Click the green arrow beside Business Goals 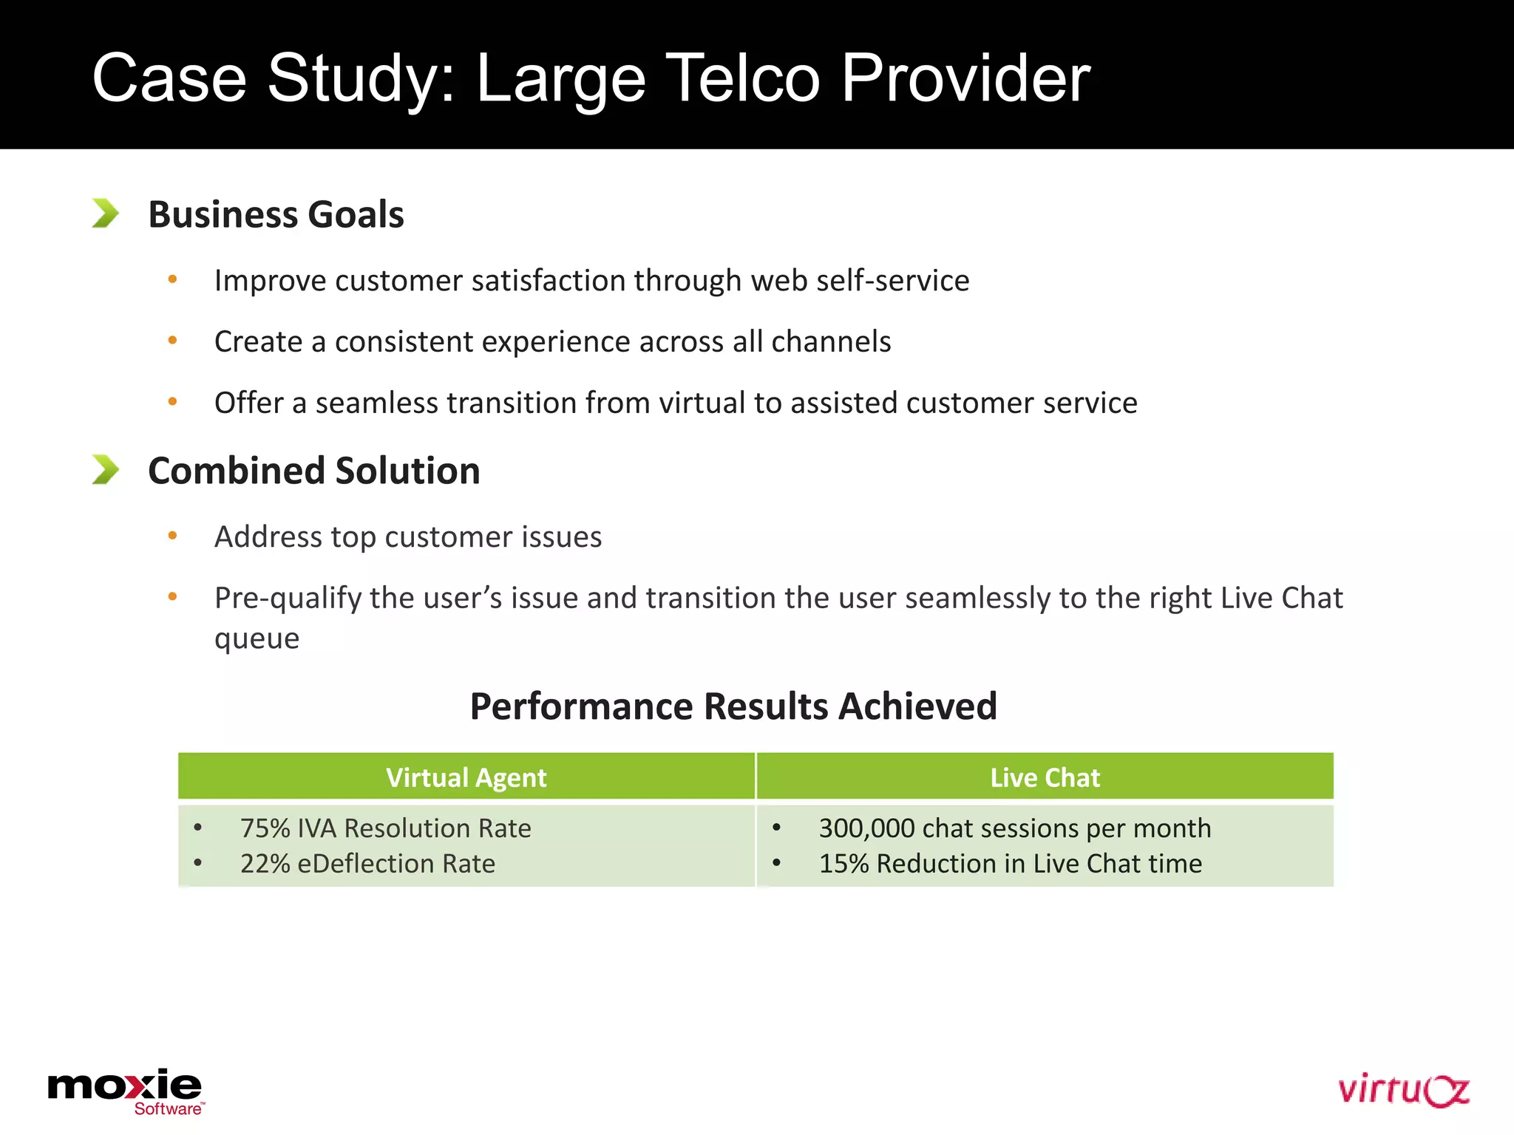(x=105, y=214)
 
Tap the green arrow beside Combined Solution (x=105, y=470)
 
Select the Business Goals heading (x=276, y=215)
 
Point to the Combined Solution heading (x=313, y=471)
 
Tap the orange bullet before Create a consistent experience (x=172, y=341)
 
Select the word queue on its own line (x=257, y=639)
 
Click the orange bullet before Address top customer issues (x=172, y=536)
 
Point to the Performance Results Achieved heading (x=733, y=706)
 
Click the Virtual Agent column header (x=466, y=777)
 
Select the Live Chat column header (x=1045, y=777)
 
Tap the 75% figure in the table (x=265, y=828)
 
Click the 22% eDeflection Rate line (x=367, y=864)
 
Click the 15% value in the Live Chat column (x=843, y=864)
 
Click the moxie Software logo (x=125, y=1091)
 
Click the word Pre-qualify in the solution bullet (x=288, y=599)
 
